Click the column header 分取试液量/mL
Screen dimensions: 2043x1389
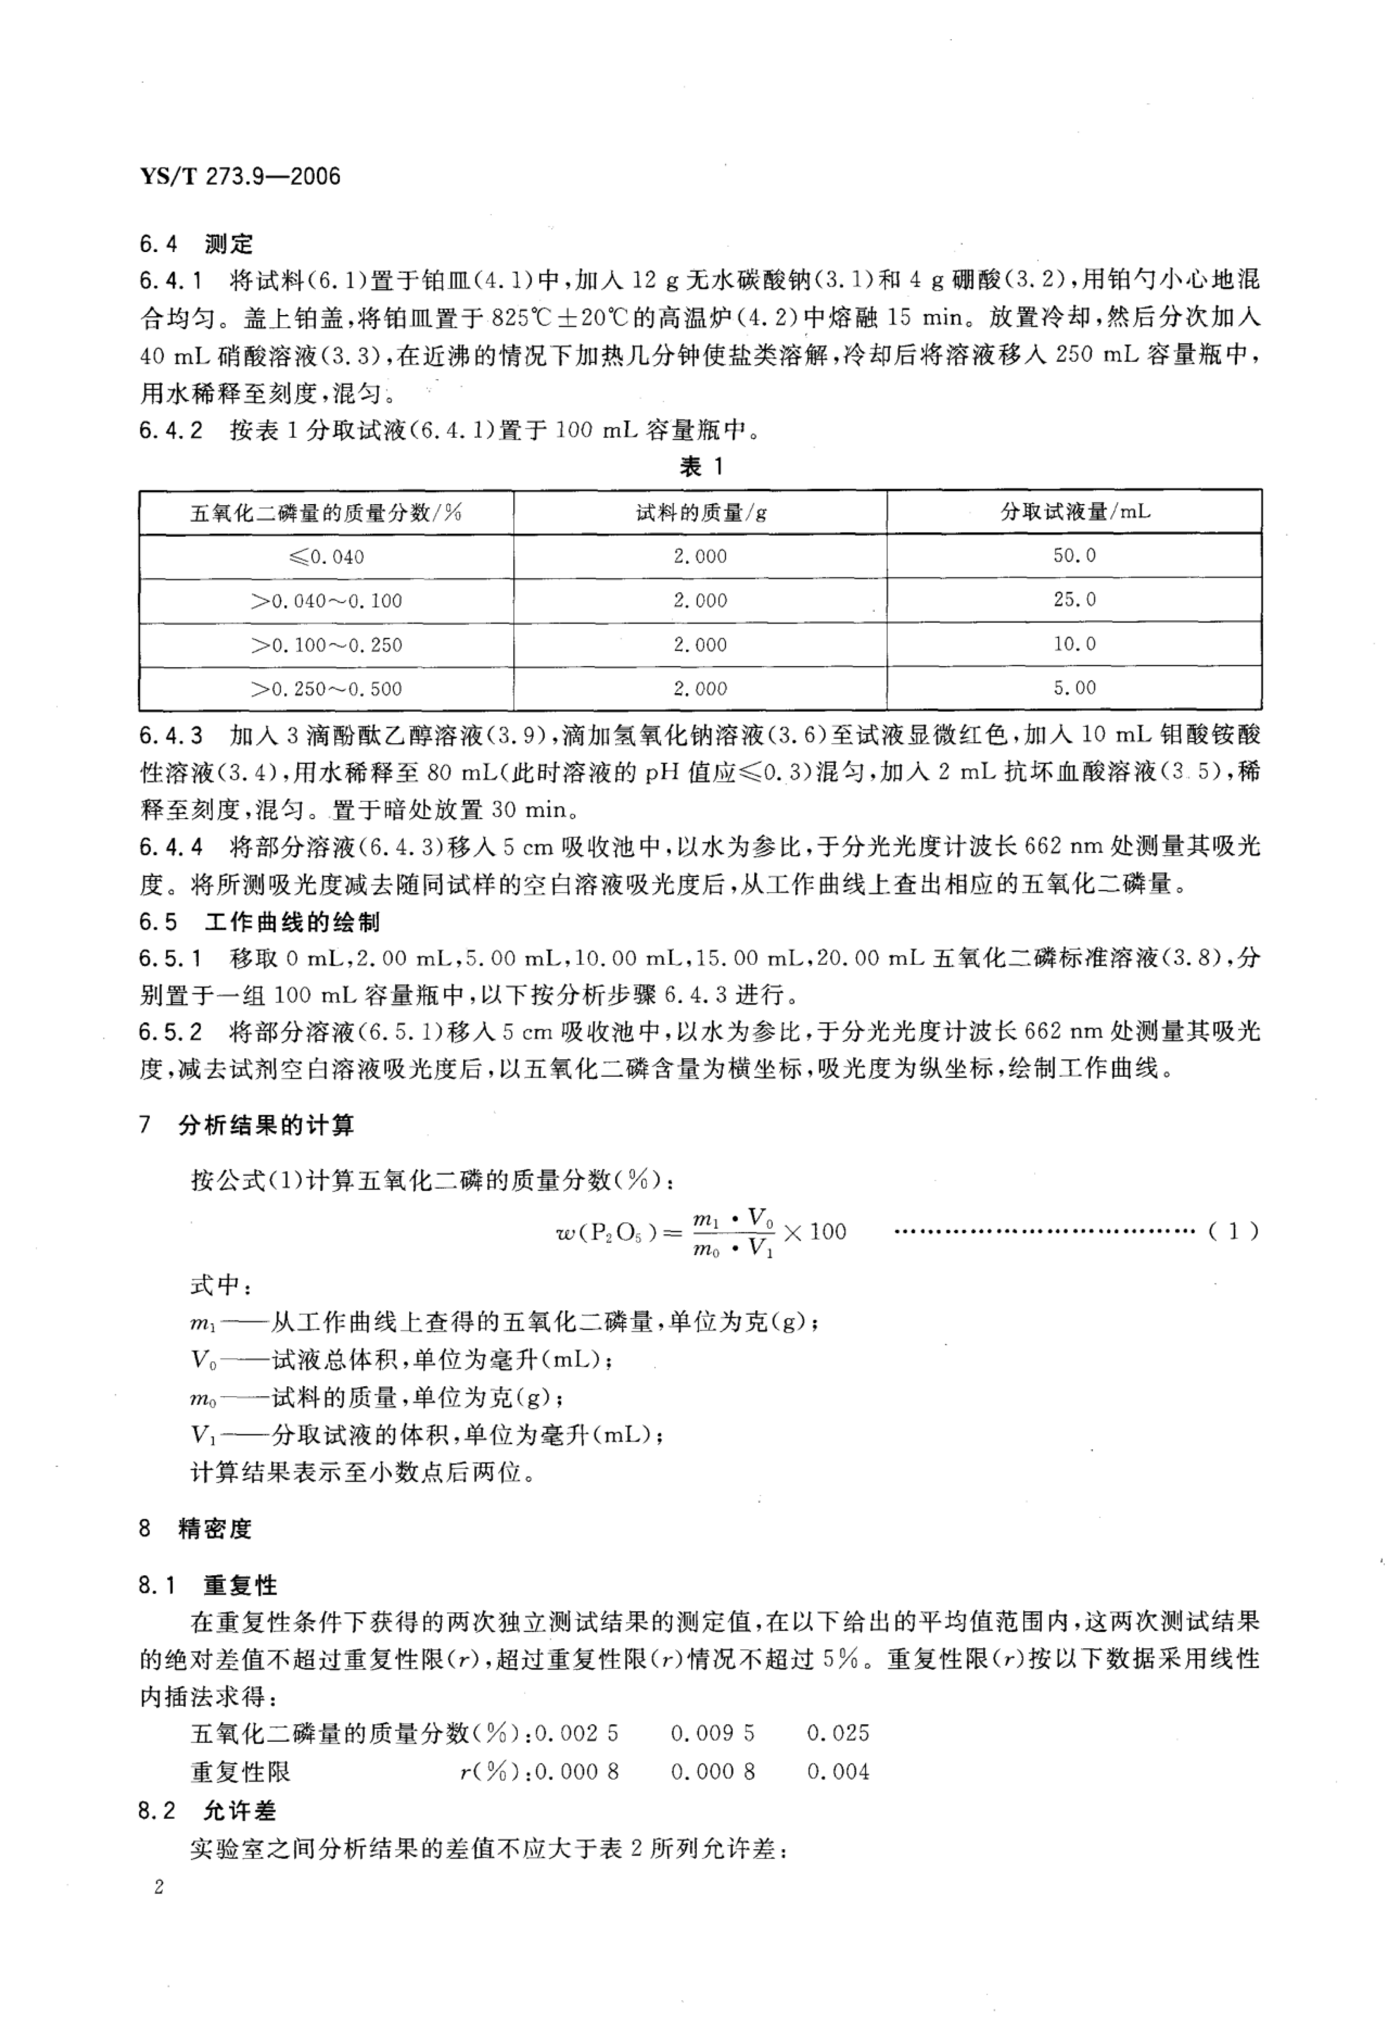[x=1074, y=511]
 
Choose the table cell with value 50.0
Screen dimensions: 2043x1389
[x=1074, y=556]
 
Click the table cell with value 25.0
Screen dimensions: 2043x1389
[x=1074, y=600]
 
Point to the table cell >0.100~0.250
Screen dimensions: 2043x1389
[x=326, y=644]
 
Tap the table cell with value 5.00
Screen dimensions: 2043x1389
[x=1074, y=687]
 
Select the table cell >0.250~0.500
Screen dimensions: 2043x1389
[x=326, y=688]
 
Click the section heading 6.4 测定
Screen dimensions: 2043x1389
[x=195, y=243]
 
